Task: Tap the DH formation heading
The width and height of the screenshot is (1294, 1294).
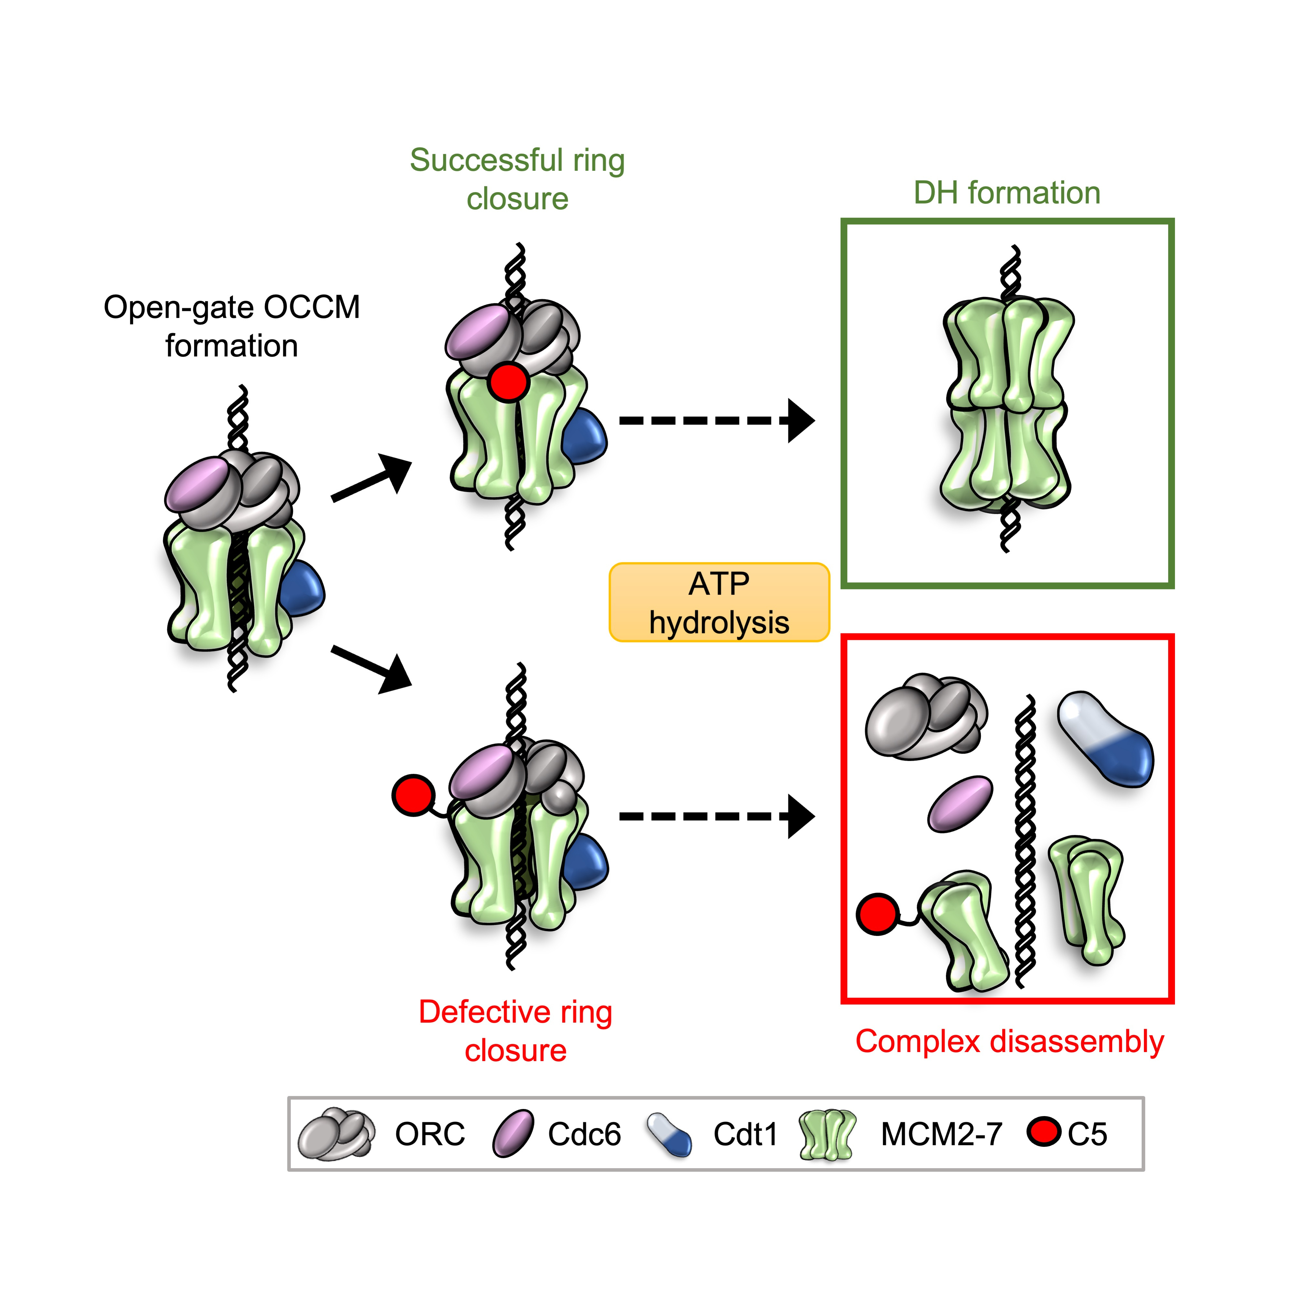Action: pos(1007,193)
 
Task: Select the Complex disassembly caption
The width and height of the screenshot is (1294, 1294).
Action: pos(1009,1041)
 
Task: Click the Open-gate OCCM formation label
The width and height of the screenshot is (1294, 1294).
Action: pos(232,326)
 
